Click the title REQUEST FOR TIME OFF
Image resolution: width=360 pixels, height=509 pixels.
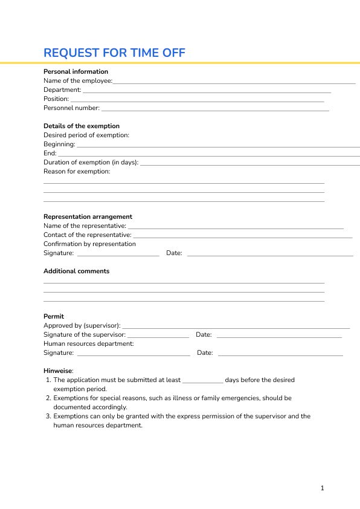tap(114, 53)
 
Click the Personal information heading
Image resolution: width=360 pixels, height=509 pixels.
tap(76, 71)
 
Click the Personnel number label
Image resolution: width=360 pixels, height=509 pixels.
tap(71, 108)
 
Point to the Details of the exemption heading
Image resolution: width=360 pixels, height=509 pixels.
tap(82, 126)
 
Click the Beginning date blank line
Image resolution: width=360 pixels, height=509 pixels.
tap(217, 146)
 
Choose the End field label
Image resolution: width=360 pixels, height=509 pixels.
tap(50, 154)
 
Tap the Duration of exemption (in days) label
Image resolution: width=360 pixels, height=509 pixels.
tap(91, 162)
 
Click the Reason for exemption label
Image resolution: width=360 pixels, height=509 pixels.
tap(77, 171)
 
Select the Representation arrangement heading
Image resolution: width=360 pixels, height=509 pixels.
tap(88, 216)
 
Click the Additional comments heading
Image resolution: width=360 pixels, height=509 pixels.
tap(76, 271)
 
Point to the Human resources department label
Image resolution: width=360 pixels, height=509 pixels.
tap(88, 343)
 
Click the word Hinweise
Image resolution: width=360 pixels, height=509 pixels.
tap(57, 371)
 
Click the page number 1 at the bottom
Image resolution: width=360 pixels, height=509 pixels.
tap(323, 488)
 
